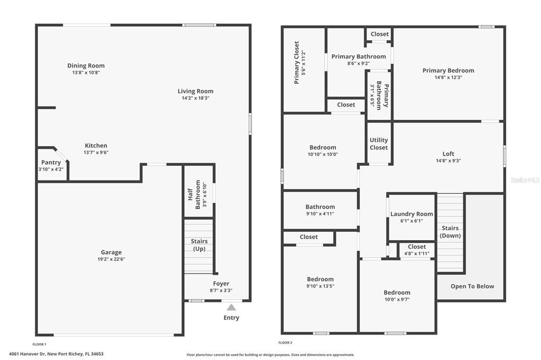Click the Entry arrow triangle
click(231, 307)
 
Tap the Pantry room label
click(51, 163)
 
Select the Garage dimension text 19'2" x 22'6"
click(111, 259)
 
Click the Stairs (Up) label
click(199, 245)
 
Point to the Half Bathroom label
click(194, 194)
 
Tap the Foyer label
click(221, 283)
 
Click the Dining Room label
click(86, 65)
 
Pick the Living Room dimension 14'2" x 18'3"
click(195, 98)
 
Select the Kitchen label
click(96, 146)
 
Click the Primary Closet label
click(296, 63)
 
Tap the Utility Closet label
click(379, 144)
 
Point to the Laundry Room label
click(412, 214)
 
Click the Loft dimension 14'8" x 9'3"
click(448, 160)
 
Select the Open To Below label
click(472, 286)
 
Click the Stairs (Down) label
click(450, 232)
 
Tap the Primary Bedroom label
click(448, 70)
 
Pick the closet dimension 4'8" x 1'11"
click(417, 253)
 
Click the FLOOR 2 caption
click(285, 343)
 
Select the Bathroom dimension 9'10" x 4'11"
click(320, 214)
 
